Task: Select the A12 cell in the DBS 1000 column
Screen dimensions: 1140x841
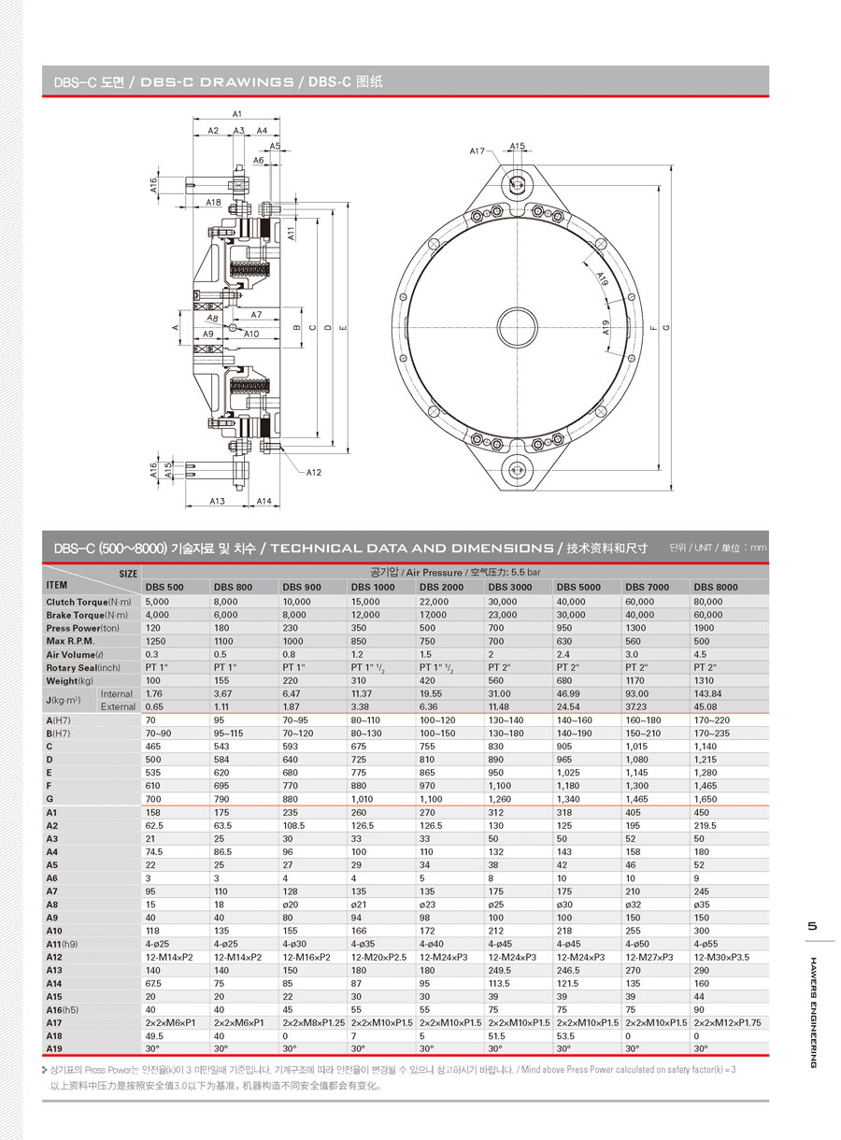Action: coord(378,958)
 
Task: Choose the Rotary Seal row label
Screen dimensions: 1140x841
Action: coord(83,668)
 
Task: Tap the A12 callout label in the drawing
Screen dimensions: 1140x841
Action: coord(313,473)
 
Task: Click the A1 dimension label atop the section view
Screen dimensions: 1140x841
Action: coord(237,113)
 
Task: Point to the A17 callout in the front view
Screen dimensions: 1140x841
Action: coord(478,150)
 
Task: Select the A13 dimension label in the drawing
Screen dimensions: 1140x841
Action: coord(217,502)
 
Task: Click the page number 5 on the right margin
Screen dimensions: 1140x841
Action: coord(812,926)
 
